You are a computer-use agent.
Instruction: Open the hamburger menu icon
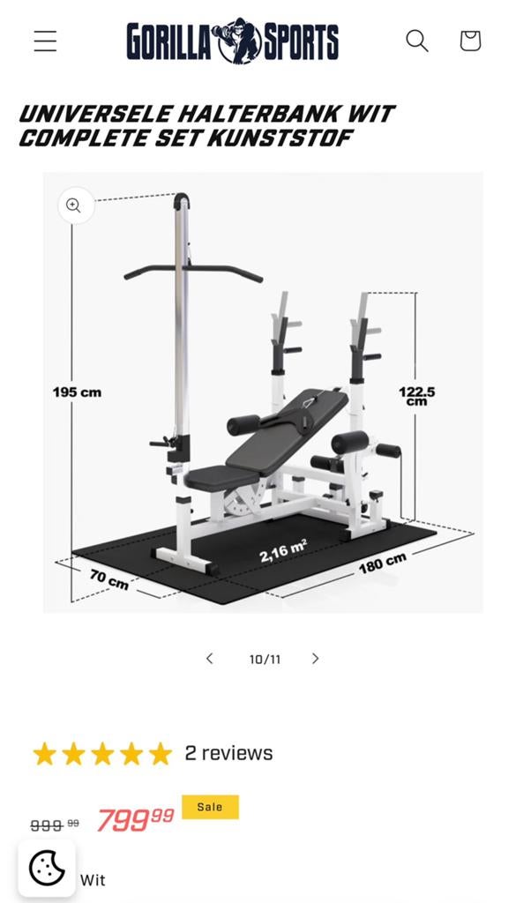[45, 41]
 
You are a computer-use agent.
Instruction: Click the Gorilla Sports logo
[233, 41]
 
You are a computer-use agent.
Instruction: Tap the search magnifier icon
[417, 41]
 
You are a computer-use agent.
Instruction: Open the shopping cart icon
[470, 41]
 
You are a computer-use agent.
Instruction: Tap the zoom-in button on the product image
[74, 205]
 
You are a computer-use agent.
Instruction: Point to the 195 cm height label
[77, 392]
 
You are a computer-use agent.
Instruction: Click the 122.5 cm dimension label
[416, 396]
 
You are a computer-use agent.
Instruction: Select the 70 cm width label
[108, 578]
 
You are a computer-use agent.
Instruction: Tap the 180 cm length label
[383, 563]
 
